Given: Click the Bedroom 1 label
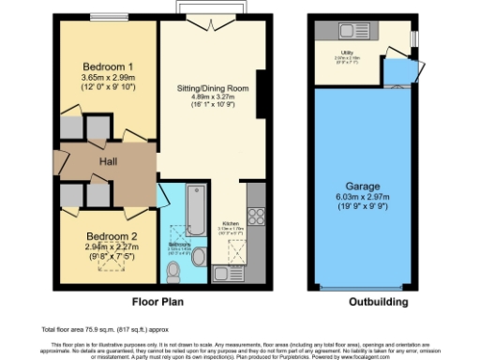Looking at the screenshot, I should coord(105,67).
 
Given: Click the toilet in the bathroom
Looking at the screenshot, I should coord(172,271).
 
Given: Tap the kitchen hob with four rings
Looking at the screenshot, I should coord(256,215).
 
